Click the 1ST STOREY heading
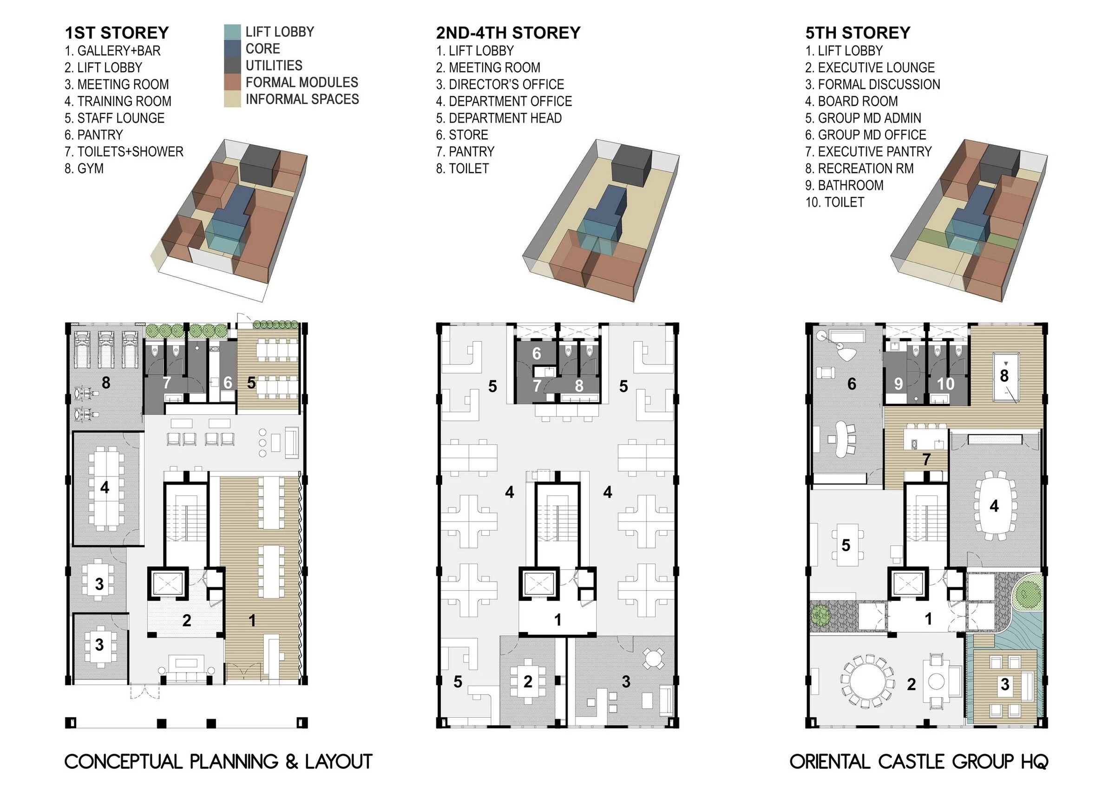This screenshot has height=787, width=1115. point(117,33)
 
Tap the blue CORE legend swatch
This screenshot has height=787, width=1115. point(233,49)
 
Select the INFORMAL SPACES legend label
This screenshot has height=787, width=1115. point(302,99)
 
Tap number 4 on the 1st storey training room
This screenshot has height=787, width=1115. point(105,487)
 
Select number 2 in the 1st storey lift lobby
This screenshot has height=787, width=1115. point(186,620)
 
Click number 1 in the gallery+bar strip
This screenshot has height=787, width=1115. point(252,620)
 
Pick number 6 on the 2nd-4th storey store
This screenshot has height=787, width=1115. point(536,353)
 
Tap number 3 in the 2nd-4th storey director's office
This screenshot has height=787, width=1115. point(626,682)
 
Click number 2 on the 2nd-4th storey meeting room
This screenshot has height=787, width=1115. point(528,682)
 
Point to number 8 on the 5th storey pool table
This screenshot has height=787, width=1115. point(1004,375)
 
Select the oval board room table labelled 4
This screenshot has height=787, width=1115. point(994,506)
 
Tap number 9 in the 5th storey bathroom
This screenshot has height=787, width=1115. point(899,384)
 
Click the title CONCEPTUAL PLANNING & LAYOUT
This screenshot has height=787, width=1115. point(218,761)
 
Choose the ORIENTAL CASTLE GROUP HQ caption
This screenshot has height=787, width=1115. point(919,761)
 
